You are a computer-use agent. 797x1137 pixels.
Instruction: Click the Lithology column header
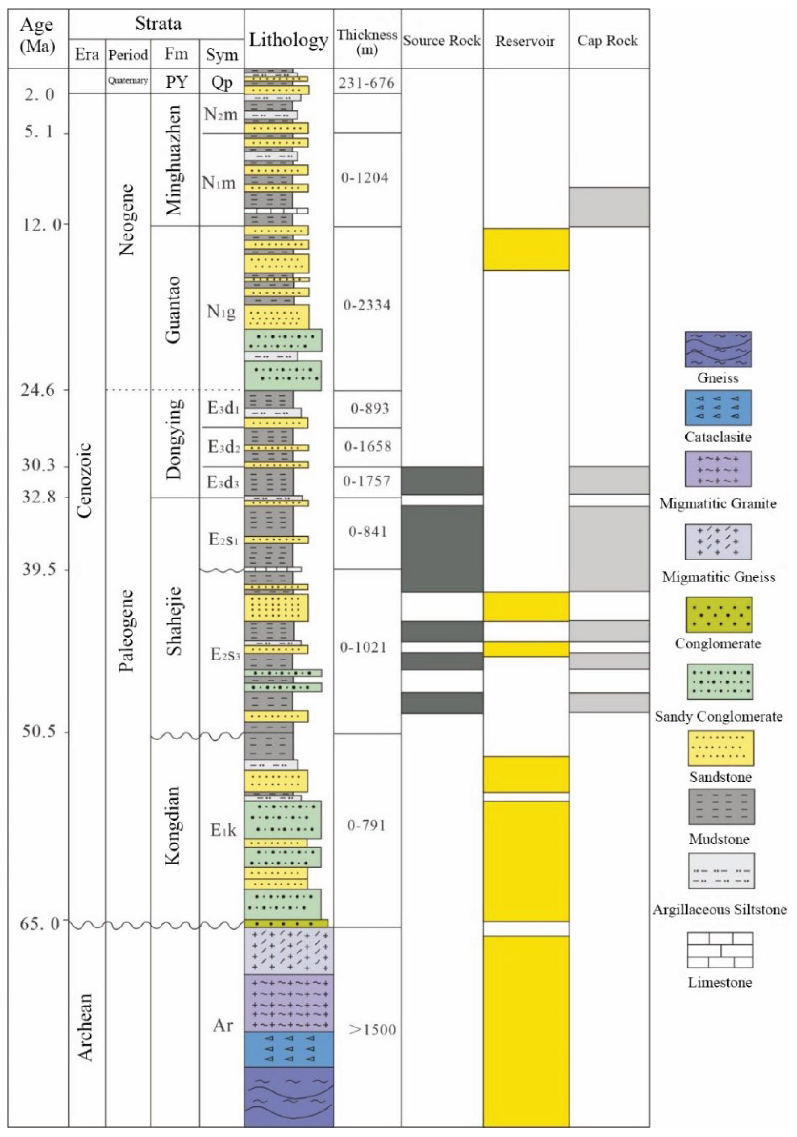(288, 40)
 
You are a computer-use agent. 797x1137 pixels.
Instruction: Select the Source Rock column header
(441, 41)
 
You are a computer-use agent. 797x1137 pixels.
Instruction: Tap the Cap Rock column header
(608, 41)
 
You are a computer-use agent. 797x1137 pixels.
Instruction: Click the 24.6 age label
(38, 390)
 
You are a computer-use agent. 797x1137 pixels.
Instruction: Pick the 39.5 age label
(38, 569)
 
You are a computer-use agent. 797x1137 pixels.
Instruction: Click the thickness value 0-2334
(367, 305)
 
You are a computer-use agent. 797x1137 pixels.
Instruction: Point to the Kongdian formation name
(172, 826)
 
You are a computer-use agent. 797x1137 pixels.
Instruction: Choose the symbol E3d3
(223, 482)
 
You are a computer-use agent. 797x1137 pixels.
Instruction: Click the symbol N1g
(221, 311)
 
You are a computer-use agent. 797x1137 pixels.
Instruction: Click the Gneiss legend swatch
(718, 349)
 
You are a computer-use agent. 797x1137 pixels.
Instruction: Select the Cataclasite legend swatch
(718, 408)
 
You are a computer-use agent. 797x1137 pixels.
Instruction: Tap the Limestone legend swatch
(720, 950)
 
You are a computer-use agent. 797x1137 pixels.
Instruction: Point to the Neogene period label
(127, 219)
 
